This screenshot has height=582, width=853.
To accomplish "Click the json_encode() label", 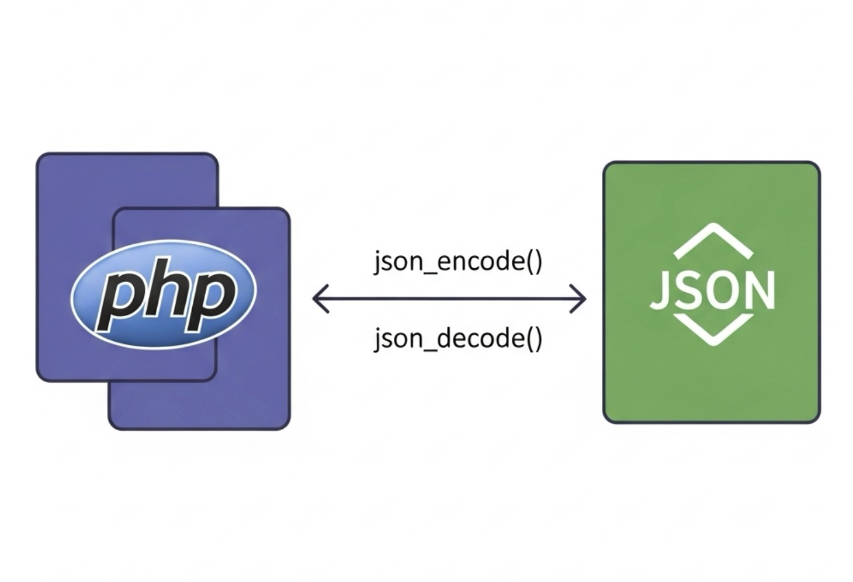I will tap(458, 262).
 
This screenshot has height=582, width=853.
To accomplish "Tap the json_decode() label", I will tap(458, 339).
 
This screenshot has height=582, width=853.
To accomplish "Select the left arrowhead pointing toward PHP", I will tap(320, 299).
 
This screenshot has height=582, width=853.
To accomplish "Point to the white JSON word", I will tap(712, 290).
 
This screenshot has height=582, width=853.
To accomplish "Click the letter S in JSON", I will tap(691, 290).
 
